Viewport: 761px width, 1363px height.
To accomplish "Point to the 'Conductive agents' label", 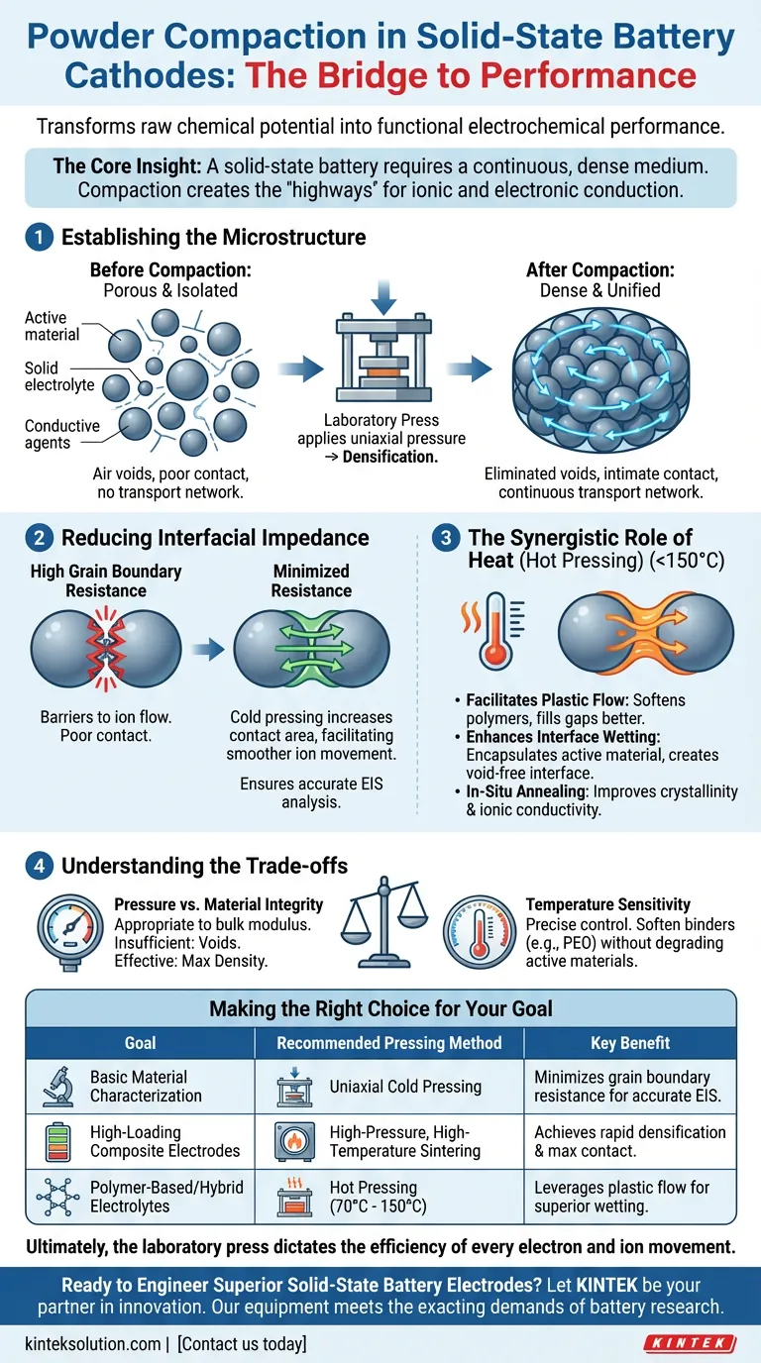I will pos(62,435).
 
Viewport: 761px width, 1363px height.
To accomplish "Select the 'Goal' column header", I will pos(140,1042).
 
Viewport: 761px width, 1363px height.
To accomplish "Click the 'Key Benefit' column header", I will pos(630,1042).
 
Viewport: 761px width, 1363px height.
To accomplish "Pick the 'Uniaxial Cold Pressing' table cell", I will pos(405,1087).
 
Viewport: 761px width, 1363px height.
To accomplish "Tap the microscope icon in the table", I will pos(52,1087).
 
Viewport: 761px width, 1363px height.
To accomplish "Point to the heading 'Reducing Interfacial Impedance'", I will pos(215,538).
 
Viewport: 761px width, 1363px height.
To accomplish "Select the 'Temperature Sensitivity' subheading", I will pos(608,904).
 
